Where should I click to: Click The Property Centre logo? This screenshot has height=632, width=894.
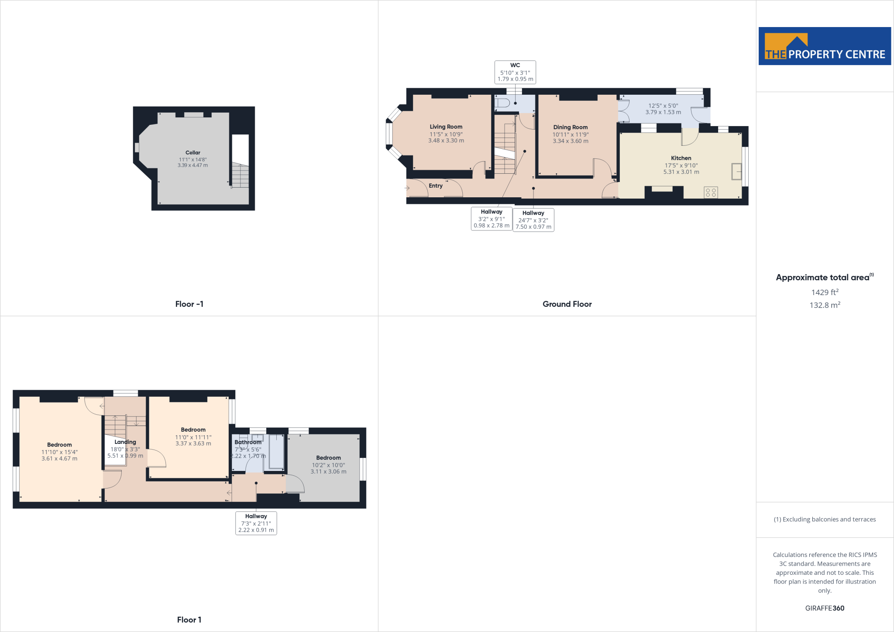pyautogui.click(x=825, y=46)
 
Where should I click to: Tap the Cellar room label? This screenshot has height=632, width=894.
pyautogui.click(x=193, y=153)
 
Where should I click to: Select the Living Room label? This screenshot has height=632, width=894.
pyautogui.click(x=446, y=127)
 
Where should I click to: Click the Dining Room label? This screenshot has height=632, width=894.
pyautogui.click(x=570, y=127)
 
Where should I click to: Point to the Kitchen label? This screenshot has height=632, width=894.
pyautogui.click(x=681, y=158)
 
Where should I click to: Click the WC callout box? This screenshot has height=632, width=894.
pyautogui.click(x=515, y=72)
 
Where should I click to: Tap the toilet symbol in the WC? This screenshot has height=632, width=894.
pyautogui.click(x=502, y=103)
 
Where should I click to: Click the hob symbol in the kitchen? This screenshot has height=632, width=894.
pyautogui.click(x=711, y=192)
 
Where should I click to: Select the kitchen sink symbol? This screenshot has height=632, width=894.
pyautogui.click(x=736, y=171)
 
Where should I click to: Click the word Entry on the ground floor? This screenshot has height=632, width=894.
pyautogui.click(x=436, y=186)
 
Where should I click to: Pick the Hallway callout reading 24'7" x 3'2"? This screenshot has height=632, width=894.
pyautogui.click(x=533, y=220)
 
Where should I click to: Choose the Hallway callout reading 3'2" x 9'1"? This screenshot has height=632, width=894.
pyautogui.click(x=492, y=219)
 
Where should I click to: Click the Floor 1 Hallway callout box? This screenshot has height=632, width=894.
pyautogui.click(x=256, y=523)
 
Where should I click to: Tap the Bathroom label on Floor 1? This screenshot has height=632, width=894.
pyautogui.click(x=248, y=442)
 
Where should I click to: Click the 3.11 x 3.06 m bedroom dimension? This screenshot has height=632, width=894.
pyautogui.click(x=328, y=472)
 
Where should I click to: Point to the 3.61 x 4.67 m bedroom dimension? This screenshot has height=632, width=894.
pyautogui.click(x=59, y=459)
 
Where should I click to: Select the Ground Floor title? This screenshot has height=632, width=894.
pyautogui.click(x=567, y=304)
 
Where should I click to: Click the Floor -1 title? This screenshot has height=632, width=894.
pyautogui.click(x=189, y=304)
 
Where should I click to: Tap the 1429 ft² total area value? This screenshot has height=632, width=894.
pyautogui.click(x=825, y=292)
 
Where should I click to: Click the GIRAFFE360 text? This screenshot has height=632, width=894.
pyautogui.click(x=825, y=608)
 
